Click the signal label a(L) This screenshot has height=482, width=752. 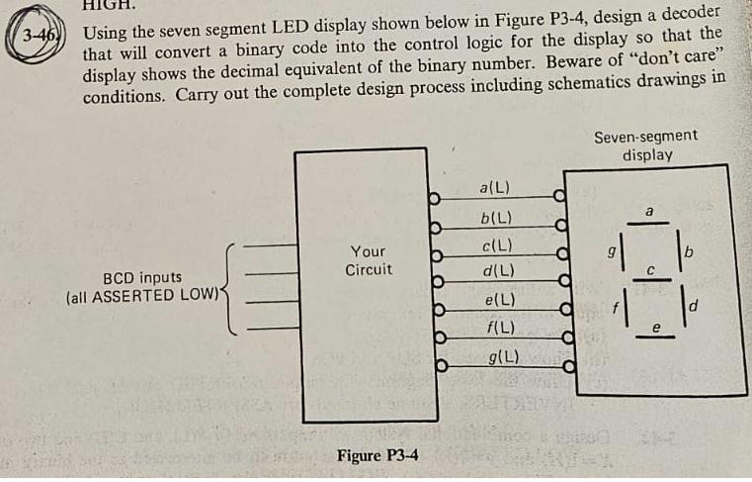(492, 187)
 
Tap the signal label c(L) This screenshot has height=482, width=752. (493, 245)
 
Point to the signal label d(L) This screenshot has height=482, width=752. (493, 270)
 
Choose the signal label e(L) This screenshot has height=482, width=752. (493, 299)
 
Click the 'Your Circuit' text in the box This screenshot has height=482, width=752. (369, 260)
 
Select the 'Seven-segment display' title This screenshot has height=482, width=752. (646, 145)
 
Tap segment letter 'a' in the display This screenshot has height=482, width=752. (649, 211)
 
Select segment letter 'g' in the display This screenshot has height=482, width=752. (613, 253)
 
